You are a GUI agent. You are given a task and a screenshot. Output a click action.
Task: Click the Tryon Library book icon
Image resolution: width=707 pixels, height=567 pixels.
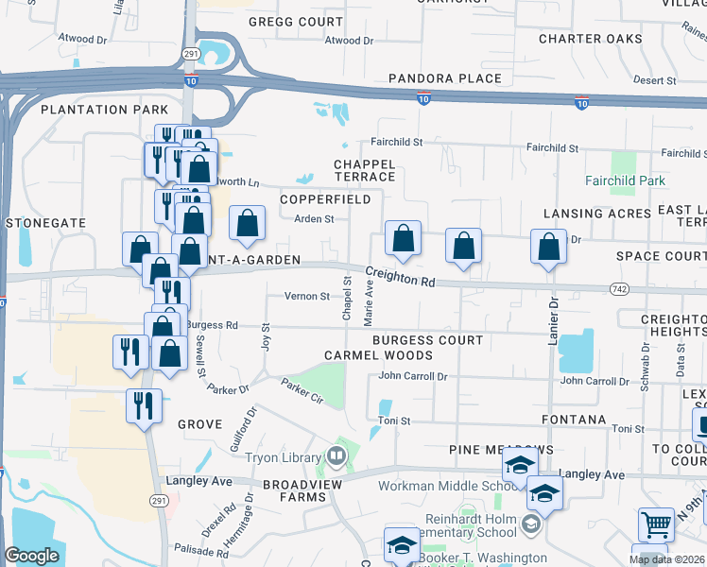coord(336,457)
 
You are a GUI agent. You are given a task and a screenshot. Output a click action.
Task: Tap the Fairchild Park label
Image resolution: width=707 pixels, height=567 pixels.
coord(625,180)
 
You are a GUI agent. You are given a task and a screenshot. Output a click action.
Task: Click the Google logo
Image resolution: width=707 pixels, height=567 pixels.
coord(32,556)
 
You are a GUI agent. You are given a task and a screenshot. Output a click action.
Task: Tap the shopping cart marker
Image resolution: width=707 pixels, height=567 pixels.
coord(656,524)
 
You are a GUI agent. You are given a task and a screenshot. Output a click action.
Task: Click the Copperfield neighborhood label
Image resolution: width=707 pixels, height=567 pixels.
coord(326,199)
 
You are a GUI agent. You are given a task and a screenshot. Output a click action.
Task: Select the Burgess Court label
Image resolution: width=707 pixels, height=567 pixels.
coord(427,339)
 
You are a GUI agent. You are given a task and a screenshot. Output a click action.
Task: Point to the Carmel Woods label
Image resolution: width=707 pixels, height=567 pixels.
coord(378,355)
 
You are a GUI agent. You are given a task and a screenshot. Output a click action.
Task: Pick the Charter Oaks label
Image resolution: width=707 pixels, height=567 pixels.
coord(590,39)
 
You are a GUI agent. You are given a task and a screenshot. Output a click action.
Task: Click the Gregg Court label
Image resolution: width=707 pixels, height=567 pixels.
coord(295,21)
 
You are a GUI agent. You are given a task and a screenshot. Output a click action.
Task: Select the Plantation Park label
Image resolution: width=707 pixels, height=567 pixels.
coord(104,110)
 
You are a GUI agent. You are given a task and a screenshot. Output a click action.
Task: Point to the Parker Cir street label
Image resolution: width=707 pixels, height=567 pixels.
coord(302,389)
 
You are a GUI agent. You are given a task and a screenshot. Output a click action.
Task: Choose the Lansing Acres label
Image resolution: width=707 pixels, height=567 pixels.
coord(597,214)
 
